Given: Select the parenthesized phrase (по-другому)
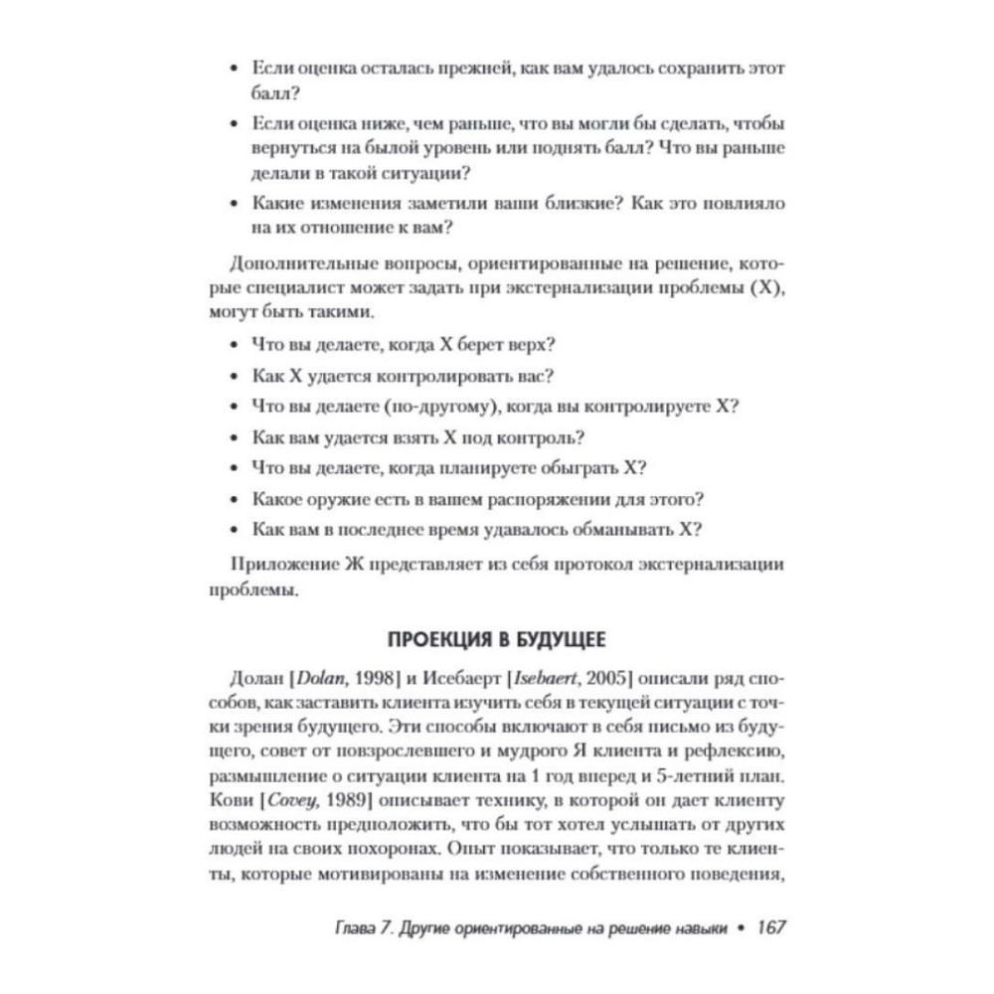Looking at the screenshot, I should coord(436,407).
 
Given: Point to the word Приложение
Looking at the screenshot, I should coord(282,564).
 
